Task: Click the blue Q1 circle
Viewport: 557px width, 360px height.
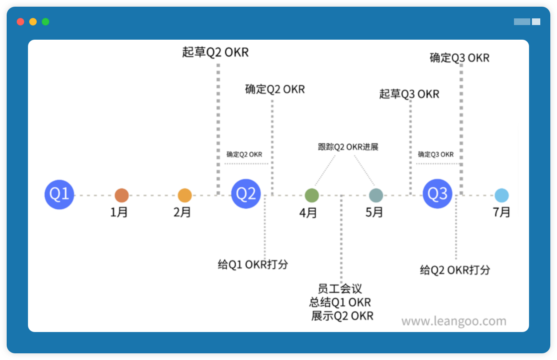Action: coord(59,194)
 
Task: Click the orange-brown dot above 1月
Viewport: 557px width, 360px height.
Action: coord(122,195)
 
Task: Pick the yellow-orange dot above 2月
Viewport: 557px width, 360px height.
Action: coord(185,195)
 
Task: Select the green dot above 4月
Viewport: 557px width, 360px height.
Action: coord(311,195)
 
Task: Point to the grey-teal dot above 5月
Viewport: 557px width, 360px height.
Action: coord(376,195)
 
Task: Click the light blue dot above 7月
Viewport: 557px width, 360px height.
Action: coord(501,195)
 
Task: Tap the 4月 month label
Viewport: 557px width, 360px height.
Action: coord(308,213)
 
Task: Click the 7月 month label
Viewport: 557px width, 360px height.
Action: coord(501,212)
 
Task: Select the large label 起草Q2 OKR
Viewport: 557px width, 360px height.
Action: coord(215,52)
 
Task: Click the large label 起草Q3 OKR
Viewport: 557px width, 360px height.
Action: coord(409,94)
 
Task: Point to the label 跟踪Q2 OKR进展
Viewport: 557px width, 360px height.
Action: coord(348,147)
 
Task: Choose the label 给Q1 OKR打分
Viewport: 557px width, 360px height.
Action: coord(253,264)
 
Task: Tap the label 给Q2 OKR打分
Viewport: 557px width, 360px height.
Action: coord(455,270)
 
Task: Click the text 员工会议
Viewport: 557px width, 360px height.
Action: coord(339,289)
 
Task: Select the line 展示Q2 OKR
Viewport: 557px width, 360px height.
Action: coord(342,316)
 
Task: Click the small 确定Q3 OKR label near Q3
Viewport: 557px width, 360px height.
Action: coord(435,155)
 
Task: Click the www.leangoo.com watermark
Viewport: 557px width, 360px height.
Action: coord(453,321)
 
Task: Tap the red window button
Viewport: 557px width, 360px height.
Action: coord(20,22)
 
